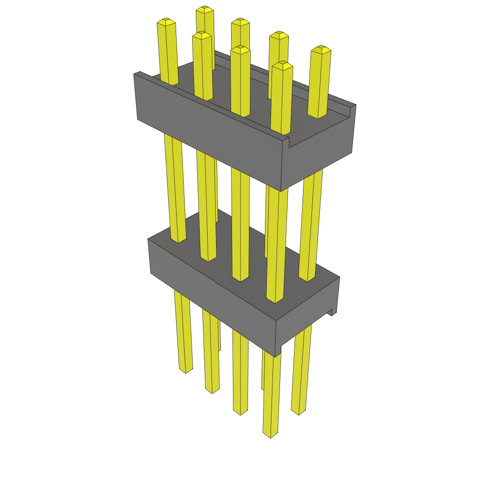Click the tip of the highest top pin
pos(204,9)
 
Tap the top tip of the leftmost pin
pos(166,21)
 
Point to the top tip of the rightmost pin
pos(321,48)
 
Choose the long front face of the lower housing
pos(211,291)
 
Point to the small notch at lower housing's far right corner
pos(333,311)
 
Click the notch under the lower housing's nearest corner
pos(278,350)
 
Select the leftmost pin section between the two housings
pos(175,188)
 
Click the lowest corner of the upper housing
pos(281,191)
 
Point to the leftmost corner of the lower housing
pos(148,240)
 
